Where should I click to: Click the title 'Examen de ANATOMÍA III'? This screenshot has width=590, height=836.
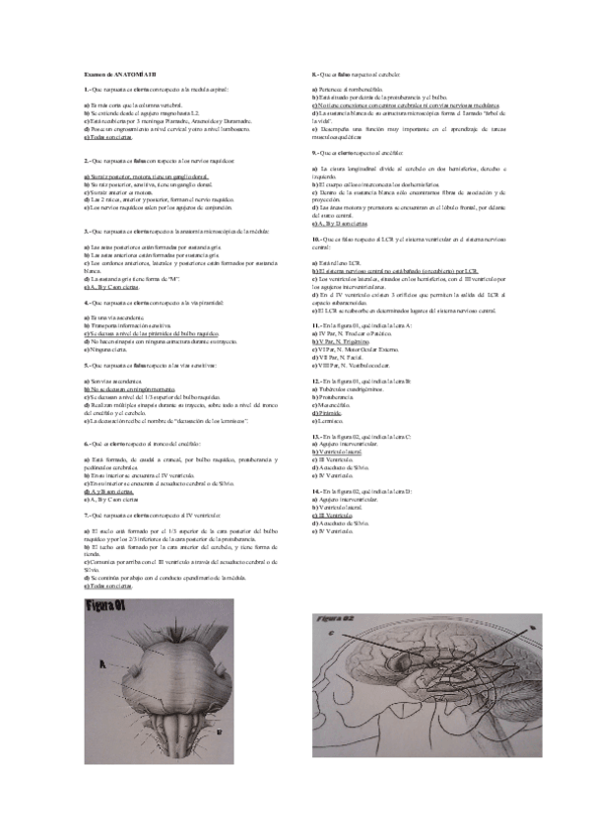pyautogui.click(x=115, y=74)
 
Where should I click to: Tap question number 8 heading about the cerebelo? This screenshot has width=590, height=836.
pyautogui.click(x=313, y=74)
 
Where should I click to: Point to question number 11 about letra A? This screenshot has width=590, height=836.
pyautogui.click(x=315, y=325)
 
